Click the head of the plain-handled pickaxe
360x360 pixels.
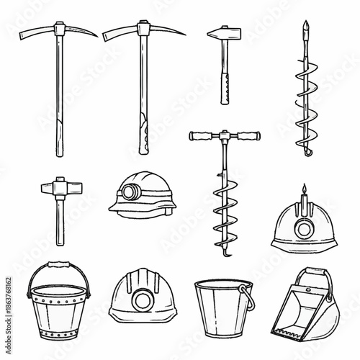click(x=58, y=32)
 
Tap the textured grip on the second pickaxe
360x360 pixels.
click(x=144, y=133)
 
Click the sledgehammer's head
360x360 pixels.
click(x=58, y=189)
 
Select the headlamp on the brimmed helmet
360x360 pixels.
click(x=132, y=192)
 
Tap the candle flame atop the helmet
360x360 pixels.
click(x=303, y=189)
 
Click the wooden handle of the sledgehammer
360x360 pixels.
click(x=60, y=223)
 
